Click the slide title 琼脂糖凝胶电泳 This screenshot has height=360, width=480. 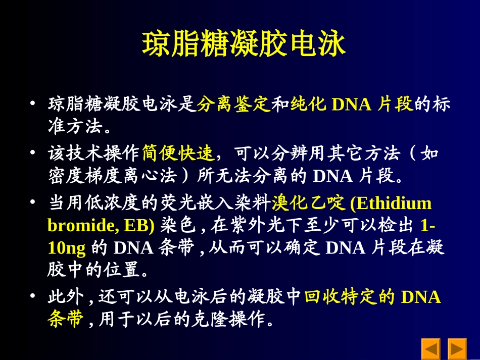[244, 44]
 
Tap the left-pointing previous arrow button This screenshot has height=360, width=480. [431, 349]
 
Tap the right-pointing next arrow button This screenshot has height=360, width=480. [457, 349]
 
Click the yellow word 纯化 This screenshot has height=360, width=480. [308, 105]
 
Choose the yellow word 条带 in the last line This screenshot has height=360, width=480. [66, 319]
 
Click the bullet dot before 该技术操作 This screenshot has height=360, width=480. [33, 152]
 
